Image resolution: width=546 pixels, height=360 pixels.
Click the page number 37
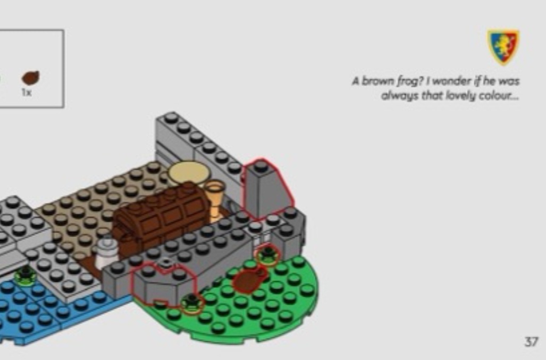(x=531, y=341)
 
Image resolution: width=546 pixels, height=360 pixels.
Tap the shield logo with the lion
(x=503, y=47)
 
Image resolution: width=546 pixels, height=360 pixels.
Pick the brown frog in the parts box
(x=31, y=78)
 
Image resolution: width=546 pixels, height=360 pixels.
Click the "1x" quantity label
(x=27, y=93)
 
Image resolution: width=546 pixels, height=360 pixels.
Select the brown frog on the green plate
(x=248, y=280)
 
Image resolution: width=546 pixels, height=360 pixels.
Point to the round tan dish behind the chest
(x=188, y=173)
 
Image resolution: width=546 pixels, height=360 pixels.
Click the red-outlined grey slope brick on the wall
(x=265, y=189)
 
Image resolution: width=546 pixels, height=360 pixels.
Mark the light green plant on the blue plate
(x=25, y=275)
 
